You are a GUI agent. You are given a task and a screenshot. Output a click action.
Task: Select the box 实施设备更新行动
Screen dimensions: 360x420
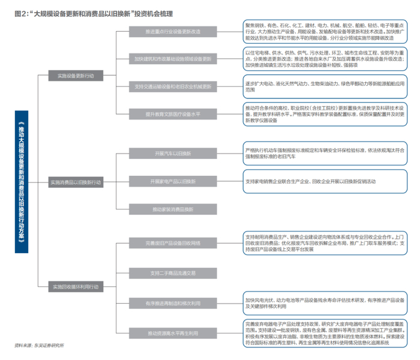tap(76, 76)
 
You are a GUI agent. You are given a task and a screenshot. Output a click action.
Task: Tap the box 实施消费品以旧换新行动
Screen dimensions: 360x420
tap(76, 181)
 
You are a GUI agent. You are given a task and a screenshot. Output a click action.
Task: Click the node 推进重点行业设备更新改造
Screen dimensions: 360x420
tap(173, 31)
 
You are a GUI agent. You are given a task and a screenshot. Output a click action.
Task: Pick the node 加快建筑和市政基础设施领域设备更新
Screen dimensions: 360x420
tap(173, 59)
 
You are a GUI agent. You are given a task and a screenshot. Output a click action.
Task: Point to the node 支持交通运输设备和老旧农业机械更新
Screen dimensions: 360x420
tap(173, 86)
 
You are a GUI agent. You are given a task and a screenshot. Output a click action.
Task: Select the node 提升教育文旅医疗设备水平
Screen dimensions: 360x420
tap(173, 113)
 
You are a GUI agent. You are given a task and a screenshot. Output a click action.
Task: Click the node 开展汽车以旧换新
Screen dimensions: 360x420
tap(173, 154)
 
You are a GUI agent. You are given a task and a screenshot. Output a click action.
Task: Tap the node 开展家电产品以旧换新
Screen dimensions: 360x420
tap(173, 181)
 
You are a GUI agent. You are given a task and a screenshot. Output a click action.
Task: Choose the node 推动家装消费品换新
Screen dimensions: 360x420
tap(173, 209)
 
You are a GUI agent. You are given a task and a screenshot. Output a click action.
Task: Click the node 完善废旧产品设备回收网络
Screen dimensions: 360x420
tap(173, 243)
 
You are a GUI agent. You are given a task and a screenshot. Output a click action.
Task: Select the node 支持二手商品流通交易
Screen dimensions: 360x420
tap(173, 273)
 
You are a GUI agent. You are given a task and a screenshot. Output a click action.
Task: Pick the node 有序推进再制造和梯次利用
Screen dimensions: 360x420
tap(173, 303)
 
